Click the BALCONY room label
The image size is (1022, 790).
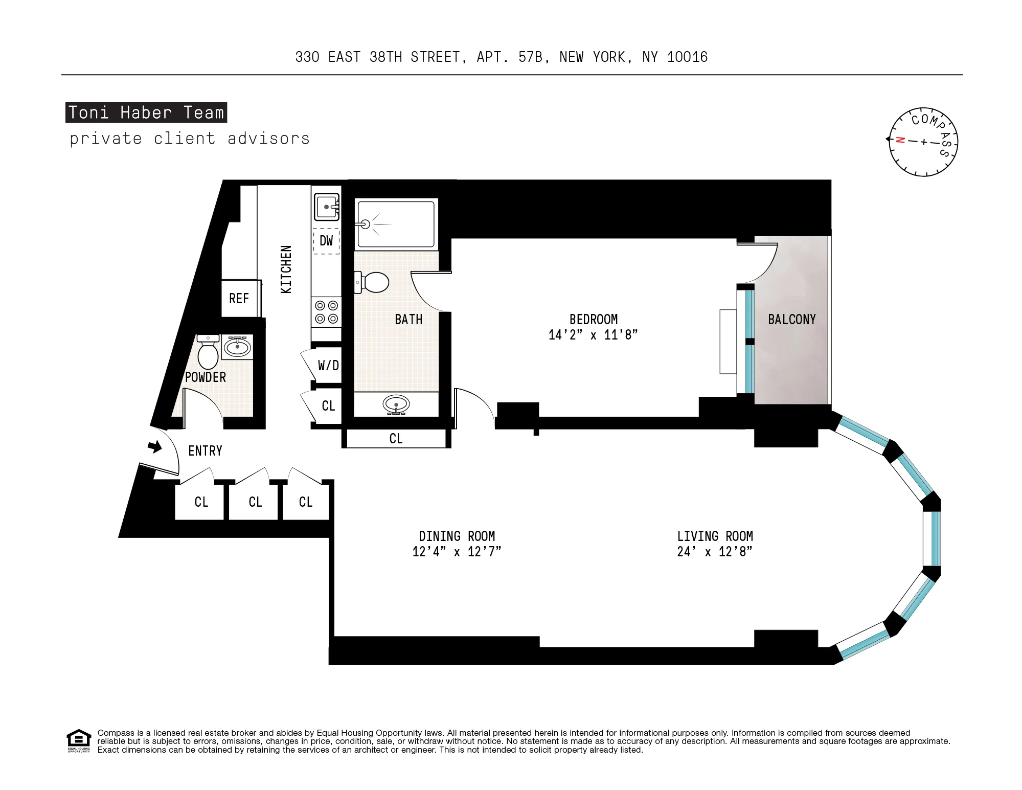coord(791,320)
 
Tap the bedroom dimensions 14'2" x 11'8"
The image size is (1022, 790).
coord(593,335)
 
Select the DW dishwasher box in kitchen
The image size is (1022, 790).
coord(326,241)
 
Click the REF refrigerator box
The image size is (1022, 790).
coord(239,298)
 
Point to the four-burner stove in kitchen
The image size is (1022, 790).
coord(326,312)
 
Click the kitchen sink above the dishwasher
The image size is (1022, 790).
coord(326,207)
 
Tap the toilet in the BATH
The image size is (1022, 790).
coord(373,282)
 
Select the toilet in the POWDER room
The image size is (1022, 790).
coord(208,352)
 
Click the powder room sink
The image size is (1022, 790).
coord(237,347)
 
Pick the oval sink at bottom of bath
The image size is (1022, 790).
coord(396,404)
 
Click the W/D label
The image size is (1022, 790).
coord(328,365)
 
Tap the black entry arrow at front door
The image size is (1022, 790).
coord(154,447)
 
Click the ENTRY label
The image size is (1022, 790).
coord(205,451)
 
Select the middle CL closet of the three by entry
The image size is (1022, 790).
coord(255,502)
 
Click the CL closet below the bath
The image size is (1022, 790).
coord(396,439)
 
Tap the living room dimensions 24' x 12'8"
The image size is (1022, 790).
coord(714,552)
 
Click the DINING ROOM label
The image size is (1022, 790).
coord(457,536)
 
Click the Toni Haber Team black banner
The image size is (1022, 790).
coord(146,112)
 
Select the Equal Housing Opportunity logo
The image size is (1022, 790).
coord(79,740)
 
